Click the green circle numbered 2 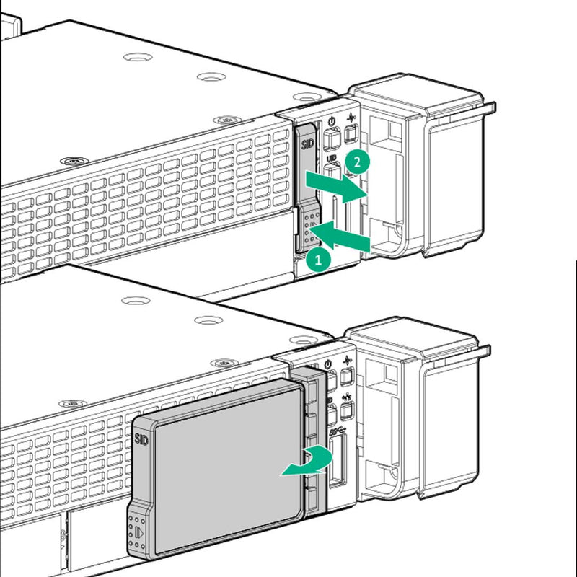pyautogui.click(x=353, y=162)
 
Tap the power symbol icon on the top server pyautogui.click(x=330, y=123)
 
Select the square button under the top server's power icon pyautogui.click(x=330, y=138)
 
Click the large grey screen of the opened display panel pyautogui.click(x=224, y=469)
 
